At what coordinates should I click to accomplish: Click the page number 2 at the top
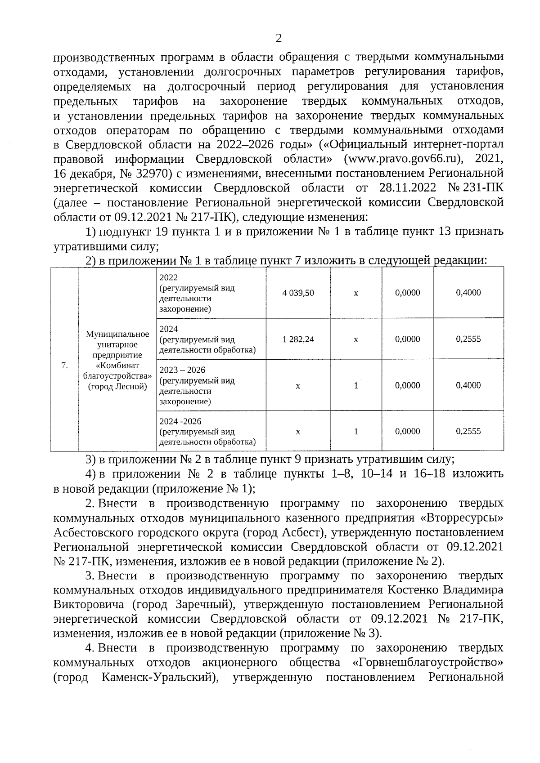[x=279, y=39]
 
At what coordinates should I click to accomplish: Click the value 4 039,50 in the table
[x=298, y=293]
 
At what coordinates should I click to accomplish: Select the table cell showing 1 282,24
[x=298, y=339]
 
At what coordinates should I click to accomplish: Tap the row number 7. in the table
[x=64, y=366]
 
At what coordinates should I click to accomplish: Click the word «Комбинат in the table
[x=117, y=365]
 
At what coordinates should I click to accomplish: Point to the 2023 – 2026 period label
[x=182, y=370]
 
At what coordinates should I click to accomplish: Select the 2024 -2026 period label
[x=180, y=421]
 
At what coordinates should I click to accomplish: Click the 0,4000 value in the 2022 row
[x=468, y=293]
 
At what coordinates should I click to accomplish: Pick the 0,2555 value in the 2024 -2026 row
[x=468, y=431]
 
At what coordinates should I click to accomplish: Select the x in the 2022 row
[x=356, y=293]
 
